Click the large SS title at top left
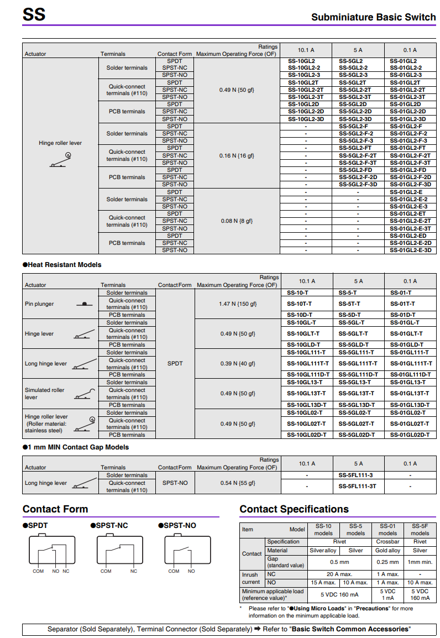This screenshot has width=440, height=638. (x=34, y=15)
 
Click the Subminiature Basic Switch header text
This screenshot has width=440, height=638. (x=373, y=17)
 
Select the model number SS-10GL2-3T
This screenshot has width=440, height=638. (x=306, y=97)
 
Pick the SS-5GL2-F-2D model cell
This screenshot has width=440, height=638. (x=358, y=177)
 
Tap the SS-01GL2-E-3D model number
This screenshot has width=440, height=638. (x=410, y=250)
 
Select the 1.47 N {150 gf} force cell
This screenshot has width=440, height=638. (x=238, y=304)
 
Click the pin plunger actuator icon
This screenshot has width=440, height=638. (x=84, y=304)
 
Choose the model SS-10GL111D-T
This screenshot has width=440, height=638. (x=308, y=374)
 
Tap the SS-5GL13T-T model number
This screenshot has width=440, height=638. (x=358, y=393)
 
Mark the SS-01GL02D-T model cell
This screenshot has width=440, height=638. (x=410, y=435)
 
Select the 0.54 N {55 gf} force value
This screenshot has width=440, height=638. (x=238, y=483)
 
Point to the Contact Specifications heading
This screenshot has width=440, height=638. (x=294, y=509)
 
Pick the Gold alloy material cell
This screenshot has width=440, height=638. (x=387, y=550)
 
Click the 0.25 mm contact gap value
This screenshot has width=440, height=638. (x=387, y=562)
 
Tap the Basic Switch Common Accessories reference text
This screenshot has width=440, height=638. (x=350, y=629)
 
